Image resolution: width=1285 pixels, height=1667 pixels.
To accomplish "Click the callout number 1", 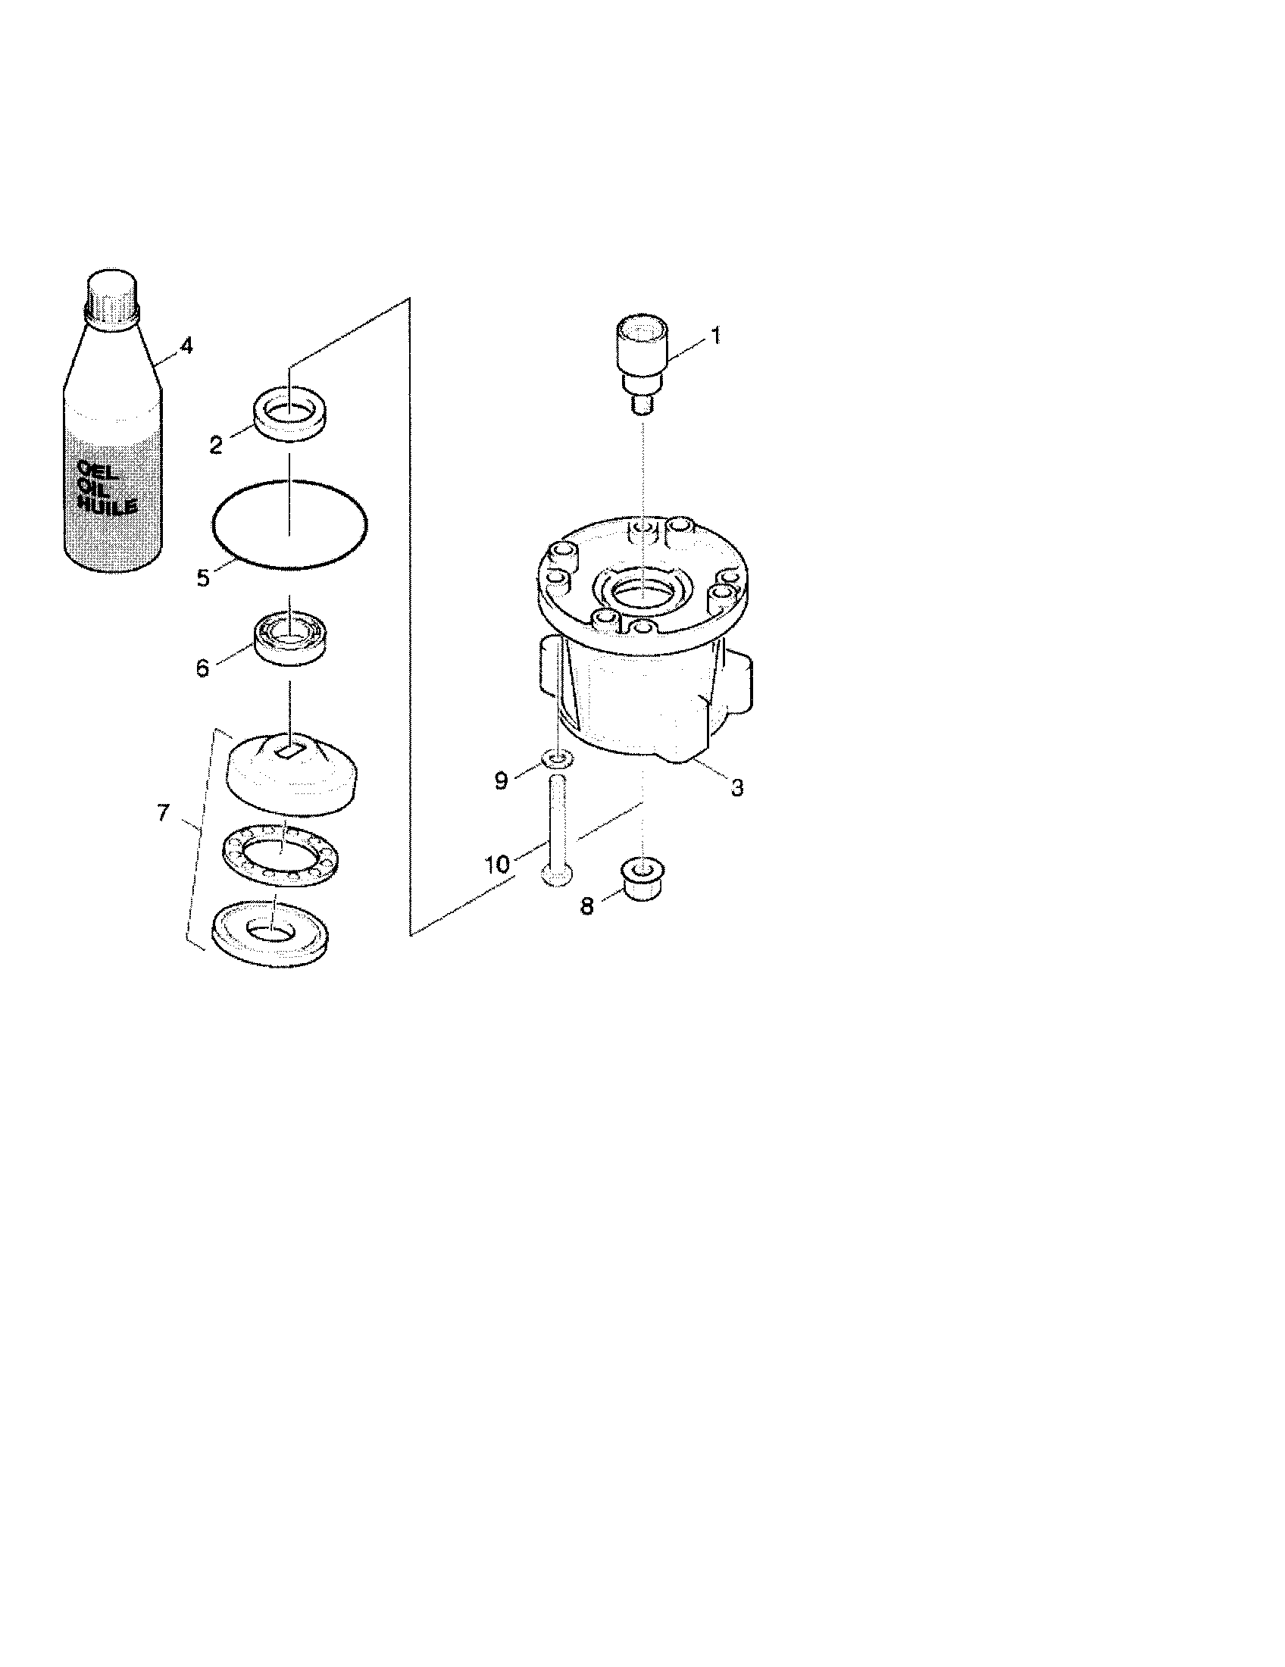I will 715,335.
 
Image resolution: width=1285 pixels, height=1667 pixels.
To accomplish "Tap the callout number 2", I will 217,446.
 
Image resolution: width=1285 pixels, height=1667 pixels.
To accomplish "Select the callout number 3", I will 736,788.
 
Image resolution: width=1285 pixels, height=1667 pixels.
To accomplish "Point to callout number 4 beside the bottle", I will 186,346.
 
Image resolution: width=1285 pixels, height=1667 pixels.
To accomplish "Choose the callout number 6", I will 202,668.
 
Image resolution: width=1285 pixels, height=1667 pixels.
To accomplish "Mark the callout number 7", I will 163,813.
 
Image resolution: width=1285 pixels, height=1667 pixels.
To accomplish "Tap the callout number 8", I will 586,907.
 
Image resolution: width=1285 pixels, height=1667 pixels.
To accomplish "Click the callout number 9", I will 502,780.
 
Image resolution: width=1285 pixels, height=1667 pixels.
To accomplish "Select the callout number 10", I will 497,864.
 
